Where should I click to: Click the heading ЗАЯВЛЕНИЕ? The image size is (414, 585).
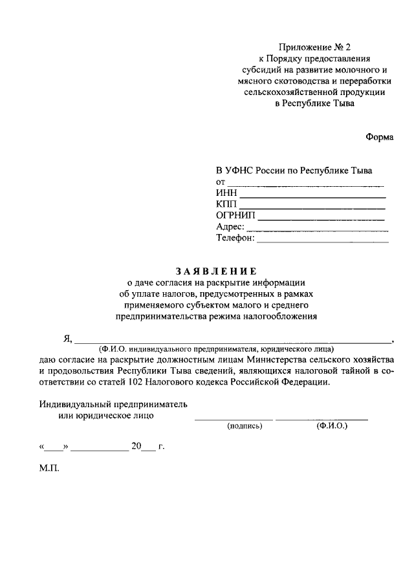click(216, 271)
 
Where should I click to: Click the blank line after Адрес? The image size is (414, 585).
click(318, 230)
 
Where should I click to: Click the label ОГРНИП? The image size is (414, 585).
click(236, 215)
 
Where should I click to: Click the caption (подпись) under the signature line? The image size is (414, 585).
click(244, 427)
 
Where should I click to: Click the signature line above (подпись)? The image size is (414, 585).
click(234, 420)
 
